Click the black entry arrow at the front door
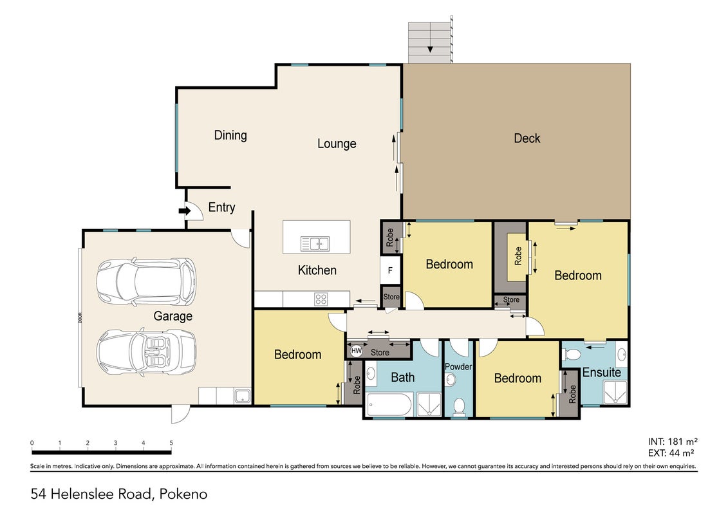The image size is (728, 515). pyautogui.click(x=185, y=211)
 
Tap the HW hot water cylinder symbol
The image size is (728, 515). pyautogui.click(x=356, y=351)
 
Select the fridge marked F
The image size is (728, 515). pyautogui.click(x=391, y=270)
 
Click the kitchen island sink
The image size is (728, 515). pyautogui.click(x=315, y=243)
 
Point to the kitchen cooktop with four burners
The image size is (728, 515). pyautogui.click(x=321, y=299)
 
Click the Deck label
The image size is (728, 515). pyautogui.click(x=527, y=138)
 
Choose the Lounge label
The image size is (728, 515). pyautogui.click(x=337, y=144)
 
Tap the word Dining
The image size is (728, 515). pyautogui.click(x=230, y=136)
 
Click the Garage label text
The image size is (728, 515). pyautogui.click(x=173, y=317)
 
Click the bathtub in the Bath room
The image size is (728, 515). pyautogui.click(x=389, y=405)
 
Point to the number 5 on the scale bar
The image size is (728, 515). pyautogui.click(x=171, y=442)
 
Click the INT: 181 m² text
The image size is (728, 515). pyautogui.click(x=673, y=442)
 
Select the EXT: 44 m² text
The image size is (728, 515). pyautogui.click(x=671, y=453)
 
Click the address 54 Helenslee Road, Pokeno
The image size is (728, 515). pyautogui.click(x=119, y=494)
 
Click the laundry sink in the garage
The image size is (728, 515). pyautogui.click(x=242, y=397)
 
